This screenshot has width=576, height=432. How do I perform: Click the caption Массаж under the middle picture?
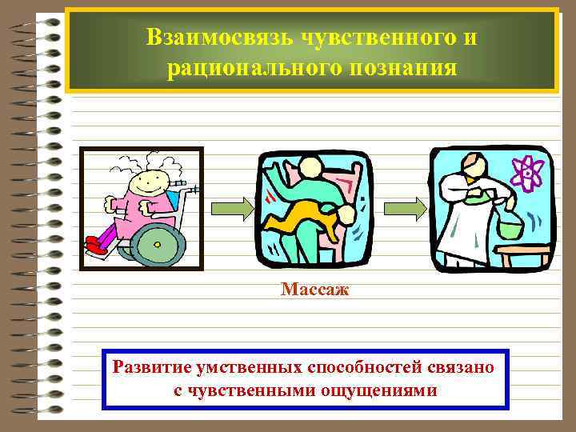pyautogui.click(x=315, y=289)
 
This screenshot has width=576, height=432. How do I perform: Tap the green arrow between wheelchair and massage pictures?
pyautogui.click(x=233, y=208)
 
